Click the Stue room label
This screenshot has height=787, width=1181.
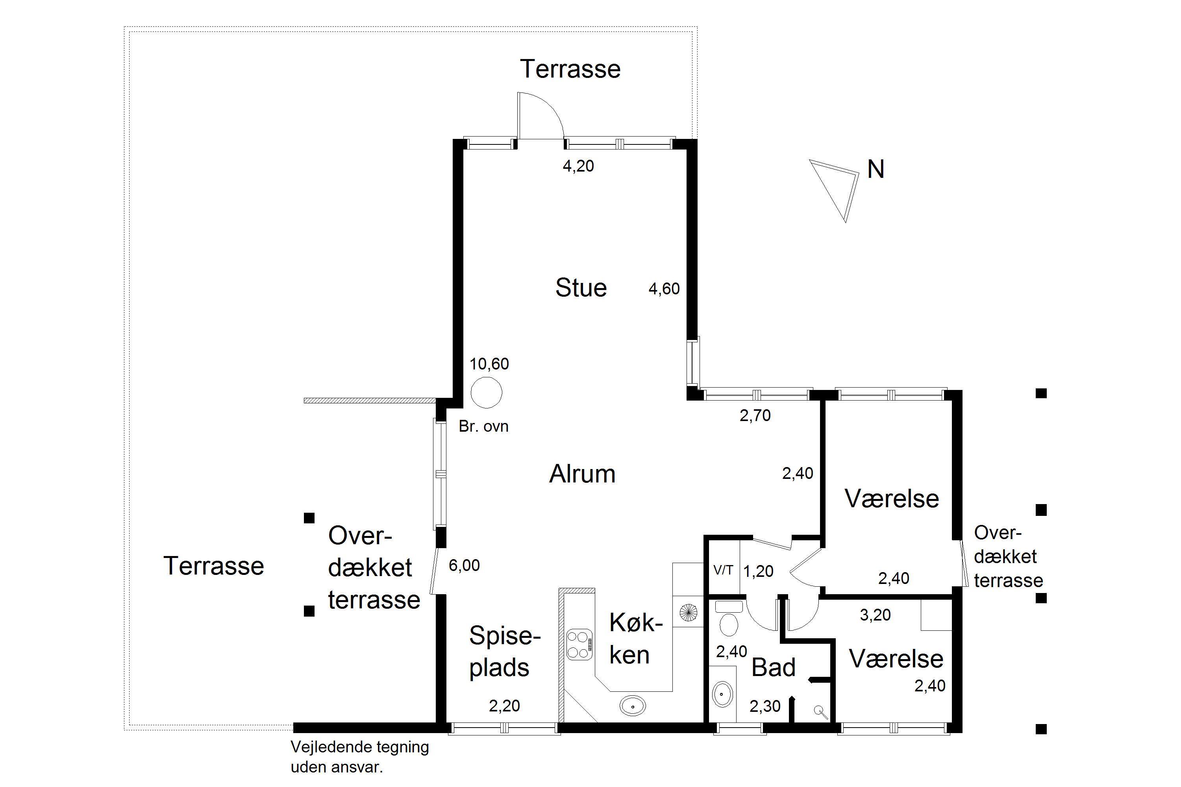(x=581, y=288)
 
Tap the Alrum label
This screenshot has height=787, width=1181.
(x=583, y=474)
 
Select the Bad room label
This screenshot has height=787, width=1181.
(x=773, y=667)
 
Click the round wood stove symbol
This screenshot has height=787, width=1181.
(x=486, y=392)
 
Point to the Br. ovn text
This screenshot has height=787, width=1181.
(x=483, y=427)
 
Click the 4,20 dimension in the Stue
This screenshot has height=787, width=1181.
(x=578, y=166)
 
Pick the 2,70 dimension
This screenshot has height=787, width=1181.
(x=755, y=415)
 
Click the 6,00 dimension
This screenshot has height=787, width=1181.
(x=464, y=566)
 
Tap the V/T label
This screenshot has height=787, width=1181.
(x=723, y=570)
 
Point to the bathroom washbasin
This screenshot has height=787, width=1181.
(x=722, y=694)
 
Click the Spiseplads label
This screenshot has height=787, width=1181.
(x=505, y=652)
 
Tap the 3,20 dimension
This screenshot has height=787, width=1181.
(x=875, y=615)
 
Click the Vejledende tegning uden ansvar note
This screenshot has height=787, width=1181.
(x=359, y=757)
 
